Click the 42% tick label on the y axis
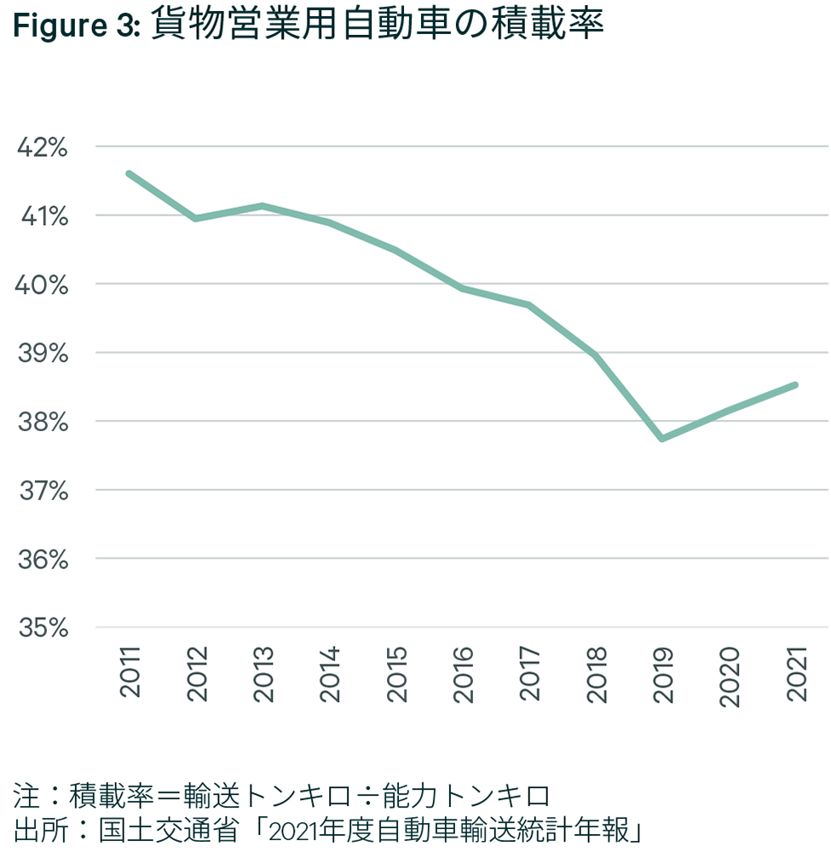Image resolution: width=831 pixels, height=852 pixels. pos(42,147)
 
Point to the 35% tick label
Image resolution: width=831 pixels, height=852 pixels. pos(42,628)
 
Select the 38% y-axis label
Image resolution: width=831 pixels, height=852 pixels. pos(42,422)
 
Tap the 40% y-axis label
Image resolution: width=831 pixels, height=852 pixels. pos(42,285)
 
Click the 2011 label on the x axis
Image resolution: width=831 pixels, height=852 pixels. pos(130,672)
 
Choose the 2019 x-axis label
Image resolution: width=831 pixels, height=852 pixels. pos(663,672)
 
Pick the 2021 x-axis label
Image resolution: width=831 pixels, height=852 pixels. pos(797,672)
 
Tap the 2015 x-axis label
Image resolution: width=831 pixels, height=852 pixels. pos(397,672)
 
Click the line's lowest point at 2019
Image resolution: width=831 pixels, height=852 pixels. pos(662,438)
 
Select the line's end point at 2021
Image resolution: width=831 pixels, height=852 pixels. pos(794,385)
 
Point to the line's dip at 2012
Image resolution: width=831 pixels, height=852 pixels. pos(196,219)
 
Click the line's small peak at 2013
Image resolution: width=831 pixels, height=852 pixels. pos(263,205)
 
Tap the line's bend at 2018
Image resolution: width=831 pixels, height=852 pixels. pos(595,355)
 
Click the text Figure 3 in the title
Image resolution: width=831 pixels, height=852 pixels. pos(75,26)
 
